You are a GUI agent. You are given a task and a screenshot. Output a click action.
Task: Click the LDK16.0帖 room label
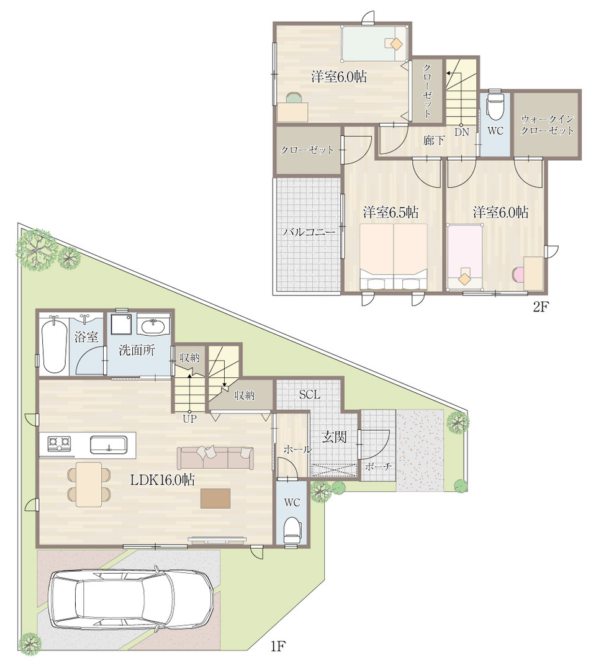point(162,480)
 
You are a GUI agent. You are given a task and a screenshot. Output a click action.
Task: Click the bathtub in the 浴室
point(55,345)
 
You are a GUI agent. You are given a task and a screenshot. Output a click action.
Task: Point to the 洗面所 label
point(137,350)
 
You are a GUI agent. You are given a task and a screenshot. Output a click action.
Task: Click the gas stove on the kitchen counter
point(58,444)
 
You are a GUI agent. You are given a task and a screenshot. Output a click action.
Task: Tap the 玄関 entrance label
point(334,437)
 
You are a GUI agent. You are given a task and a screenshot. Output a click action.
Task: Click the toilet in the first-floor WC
point(292,531)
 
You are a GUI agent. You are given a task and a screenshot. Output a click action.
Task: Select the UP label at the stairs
point(189,418)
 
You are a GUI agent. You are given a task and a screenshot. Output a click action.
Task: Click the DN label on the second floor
point(461,132)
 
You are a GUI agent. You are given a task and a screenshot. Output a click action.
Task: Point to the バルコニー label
point(309,232)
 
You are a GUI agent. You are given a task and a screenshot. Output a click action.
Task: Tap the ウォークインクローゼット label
point(546,125)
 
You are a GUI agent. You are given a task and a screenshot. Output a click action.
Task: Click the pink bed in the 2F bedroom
point(465,257)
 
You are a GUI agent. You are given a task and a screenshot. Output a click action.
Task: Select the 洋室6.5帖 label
point(391,212)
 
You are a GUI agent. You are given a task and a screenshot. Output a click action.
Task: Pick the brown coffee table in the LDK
point(215,498)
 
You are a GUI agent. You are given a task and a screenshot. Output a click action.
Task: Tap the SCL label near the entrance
point(309,395)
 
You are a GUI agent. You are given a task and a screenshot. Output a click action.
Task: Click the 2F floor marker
point(540,307)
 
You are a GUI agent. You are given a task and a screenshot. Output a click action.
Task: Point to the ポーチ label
point(377,467)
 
